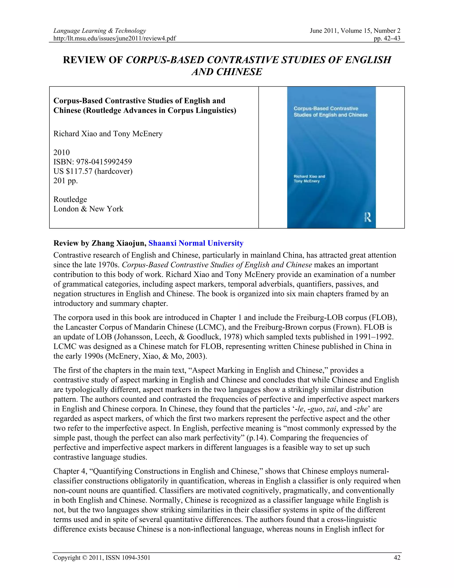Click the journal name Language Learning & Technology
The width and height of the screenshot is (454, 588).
(x=100, y=31)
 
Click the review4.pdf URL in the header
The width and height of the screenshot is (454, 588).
(x=115, y=38)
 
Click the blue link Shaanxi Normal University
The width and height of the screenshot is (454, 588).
(x=196, y=243)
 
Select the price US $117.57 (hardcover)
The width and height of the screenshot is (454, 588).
(x=93, y=171)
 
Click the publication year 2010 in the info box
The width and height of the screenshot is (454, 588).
(x=62, y=152)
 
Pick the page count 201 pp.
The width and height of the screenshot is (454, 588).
(x=66, y=181)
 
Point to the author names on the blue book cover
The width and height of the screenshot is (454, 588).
(x=309, y=179)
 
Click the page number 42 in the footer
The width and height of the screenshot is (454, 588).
(x=397, y=558)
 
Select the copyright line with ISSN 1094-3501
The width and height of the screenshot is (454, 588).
(x=102, y=558)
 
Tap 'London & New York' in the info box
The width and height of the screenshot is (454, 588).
(x=88, y=209)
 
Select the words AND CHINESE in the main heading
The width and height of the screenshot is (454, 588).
(x=227, y=72)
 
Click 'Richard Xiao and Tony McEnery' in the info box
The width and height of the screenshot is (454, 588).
(x=108, y=134)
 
